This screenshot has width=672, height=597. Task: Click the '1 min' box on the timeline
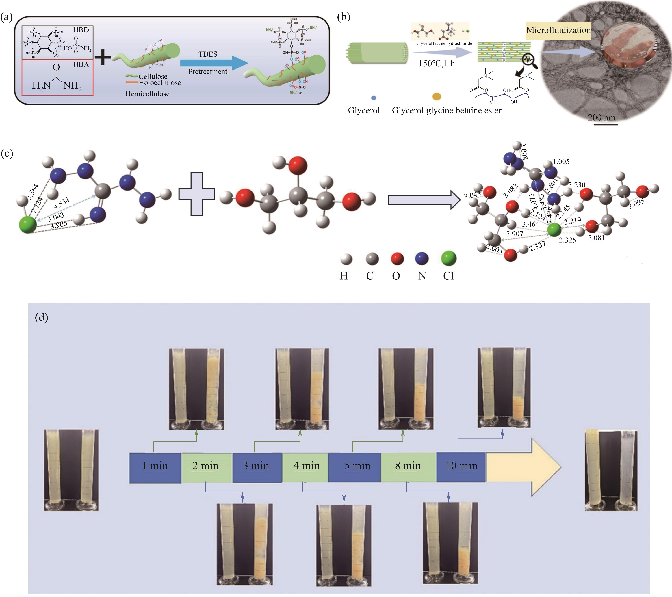[155, 466]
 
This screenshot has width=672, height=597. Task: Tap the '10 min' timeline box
[461, 466]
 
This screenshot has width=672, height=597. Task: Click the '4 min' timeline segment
[306, 466]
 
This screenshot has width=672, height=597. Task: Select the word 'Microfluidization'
[558, 30]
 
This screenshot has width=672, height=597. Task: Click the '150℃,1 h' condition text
[437, 64]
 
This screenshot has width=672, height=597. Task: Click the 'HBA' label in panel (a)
[81, 64]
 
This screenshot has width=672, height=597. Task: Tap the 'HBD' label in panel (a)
[81, 30]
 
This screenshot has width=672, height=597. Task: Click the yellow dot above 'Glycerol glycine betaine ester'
[437, 97]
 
